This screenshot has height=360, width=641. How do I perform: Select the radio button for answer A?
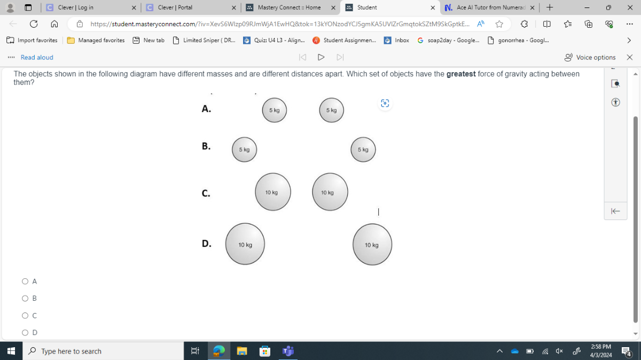click(25, 281)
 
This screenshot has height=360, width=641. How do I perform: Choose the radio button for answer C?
click(25, 316)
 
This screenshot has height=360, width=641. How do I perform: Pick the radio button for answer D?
click(25, 333)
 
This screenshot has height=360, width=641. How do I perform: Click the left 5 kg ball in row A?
click(275, 111)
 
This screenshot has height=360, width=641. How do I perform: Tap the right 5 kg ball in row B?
click(363, 150)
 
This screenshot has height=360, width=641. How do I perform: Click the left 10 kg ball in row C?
click(273, 192)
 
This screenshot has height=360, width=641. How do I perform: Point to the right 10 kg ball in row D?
click(372, 244)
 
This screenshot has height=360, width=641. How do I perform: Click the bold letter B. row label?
click(206, 146)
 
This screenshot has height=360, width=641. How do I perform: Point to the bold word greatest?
click(460, 74)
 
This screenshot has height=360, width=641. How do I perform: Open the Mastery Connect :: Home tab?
click(289, 7)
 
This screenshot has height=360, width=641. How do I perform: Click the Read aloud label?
click(37, 58)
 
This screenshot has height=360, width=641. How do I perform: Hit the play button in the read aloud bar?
click(321, 57)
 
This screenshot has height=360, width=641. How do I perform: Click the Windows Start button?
click(11, 351)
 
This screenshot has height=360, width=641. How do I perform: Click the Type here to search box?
click(105, 351)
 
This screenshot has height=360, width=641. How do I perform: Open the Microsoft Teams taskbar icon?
click(288, 351)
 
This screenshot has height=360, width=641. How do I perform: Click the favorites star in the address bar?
click(499, 24)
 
